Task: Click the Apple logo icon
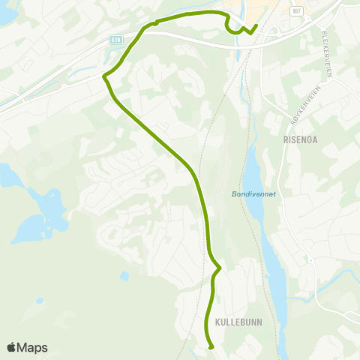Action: (12, 347)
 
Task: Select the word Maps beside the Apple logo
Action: (32, 347)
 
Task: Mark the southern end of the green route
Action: (211, 347)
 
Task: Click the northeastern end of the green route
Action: (256, 26)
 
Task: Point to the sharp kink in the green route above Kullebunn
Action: (220, 268)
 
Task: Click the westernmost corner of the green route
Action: (103, 76)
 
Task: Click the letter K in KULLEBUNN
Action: (217, 321)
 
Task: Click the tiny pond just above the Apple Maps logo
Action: (39, 301)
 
